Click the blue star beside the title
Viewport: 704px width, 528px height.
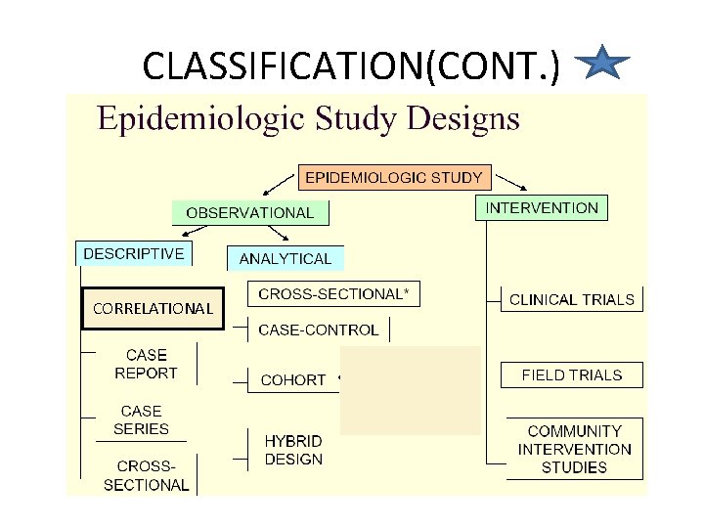603,65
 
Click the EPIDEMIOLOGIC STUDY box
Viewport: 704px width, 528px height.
394,177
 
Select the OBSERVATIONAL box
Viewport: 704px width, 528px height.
250,212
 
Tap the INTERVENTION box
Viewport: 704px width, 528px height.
542,208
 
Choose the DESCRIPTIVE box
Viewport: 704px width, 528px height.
134,253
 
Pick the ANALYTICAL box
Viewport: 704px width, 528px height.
286,258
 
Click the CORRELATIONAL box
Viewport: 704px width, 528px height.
153,308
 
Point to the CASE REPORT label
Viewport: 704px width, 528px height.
147,364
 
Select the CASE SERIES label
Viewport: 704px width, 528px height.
142,419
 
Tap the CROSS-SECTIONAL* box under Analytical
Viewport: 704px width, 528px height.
332,293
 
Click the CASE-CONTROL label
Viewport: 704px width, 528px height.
318,330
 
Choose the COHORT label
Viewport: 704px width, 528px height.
293,379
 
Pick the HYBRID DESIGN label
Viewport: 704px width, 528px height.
293,450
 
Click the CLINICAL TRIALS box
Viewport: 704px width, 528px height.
572,299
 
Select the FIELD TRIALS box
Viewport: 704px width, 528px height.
572,374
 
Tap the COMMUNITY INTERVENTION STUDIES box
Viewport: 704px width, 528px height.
575,449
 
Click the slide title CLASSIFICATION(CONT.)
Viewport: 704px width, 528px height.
351,66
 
